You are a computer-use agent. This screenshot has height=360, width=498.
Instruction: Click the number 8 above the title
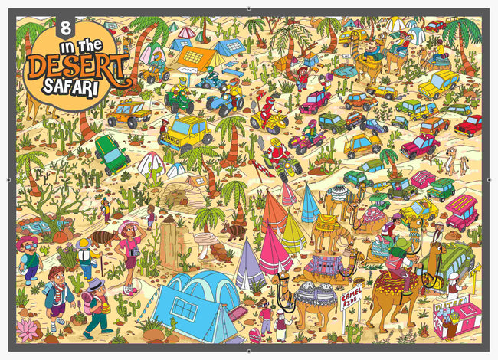[x=64, y=31]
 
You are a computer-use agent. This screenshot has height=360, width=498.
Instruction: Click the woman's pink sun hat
[x=129, y=227]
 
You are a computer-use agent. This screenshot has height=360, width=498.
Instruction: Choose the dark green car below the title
[x=112, y=153]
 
